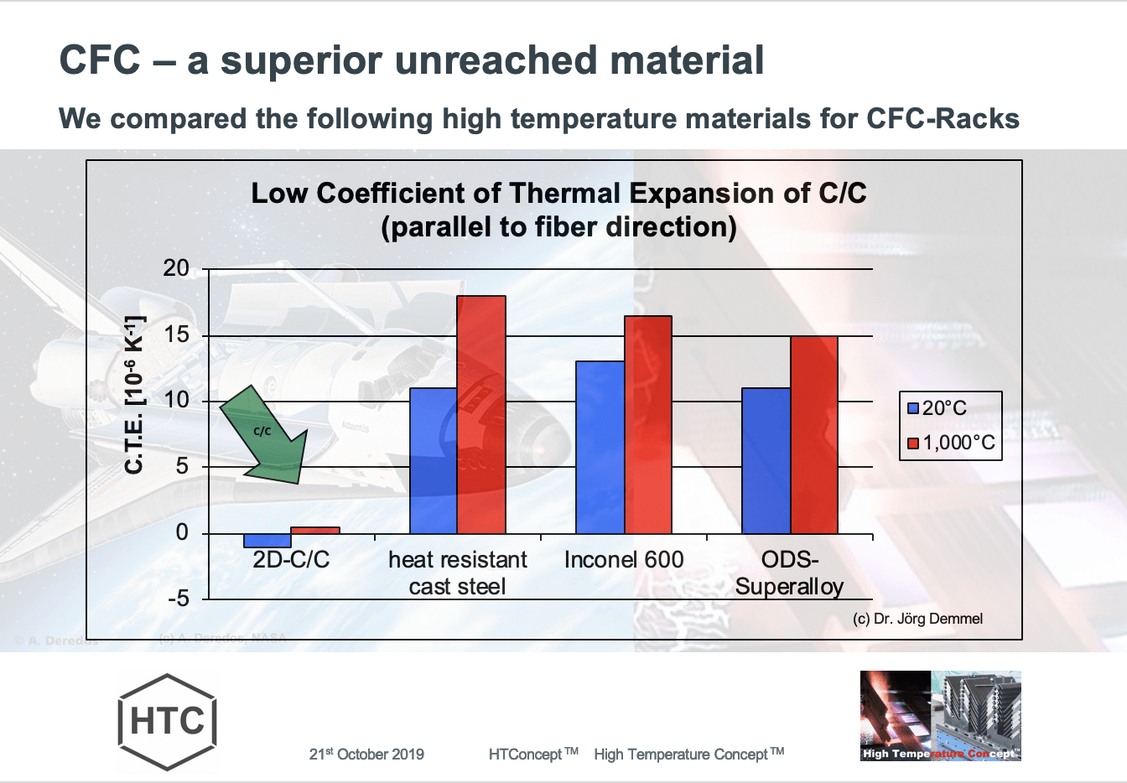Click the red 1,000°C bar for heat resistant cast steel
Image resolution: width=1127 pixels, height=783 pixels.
[481, 415]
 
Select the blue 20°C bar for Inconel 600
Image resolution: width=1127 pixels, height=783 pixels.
[600, 447]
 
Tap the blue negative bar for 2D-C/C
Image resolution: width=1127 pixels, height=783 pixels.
[267, 541]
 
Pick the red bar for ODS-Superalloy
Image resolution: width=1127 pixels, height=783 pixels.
[814, 434]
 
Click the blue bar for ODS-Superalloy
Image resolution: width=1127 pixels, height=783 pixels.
[766, 460]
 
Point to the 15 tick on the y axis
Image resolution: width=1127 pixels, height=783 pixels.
[176, 334]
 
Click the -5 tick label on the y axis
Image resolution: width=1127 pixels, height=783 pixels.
[176, 599]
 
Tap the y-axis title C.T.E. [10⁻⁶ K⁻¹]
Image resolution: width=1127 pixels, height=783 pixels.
[134, 394]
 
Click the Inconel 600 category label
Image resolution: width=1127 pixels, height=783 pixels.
[624, 560]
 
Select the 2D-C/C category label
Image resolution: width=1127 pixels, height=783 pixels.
[291, 560]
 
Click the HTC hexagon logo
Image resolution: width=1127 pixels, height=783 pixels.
[168, 721]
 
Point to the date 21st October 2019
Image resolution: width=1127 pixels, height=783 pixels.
[366, 754]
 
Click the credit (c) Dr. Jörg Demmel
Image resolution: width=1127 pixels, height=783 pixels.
[917, 619]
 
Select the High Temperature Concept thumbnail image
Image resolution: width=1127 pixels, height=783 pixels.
[940, 715]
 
